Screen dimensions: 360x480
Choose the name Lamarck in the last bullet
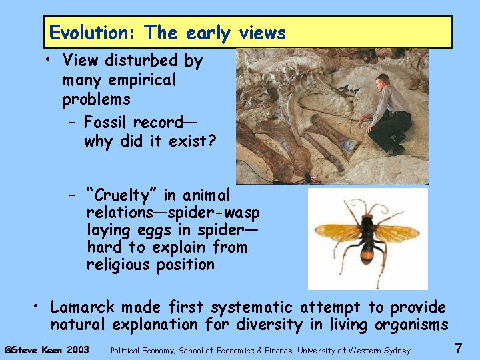(82, 307)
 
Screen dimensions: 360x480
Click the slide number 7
(458, 348)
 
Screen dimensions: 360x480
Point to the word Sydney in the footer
(398, 350)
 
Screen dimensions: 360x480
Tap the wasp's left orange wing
(337, 232)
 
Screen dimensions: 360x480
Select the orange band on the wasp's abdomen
(368, 254)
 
